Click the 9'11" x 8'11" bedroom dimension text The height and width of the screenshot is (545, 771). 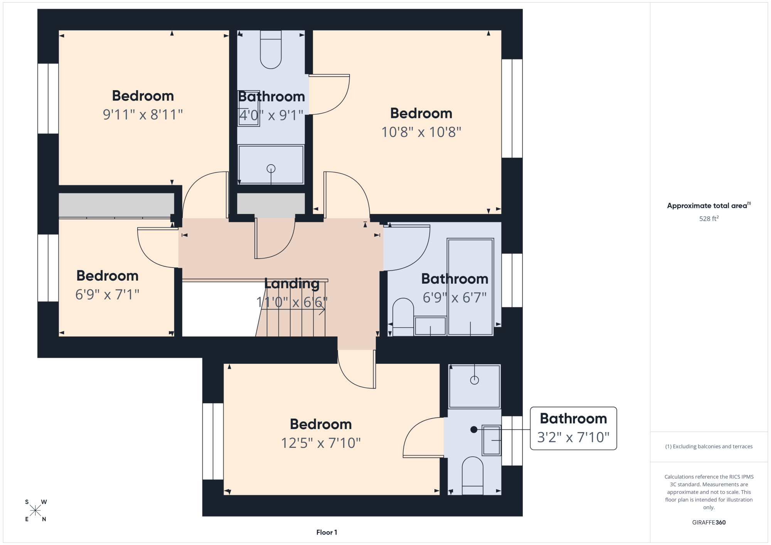[x=143, y=114]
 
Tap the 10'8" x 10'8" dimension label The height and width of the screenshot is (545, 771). [x=421, y=132]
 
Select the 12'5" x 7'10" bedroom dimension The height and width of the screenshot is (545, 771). [x=321, y=443]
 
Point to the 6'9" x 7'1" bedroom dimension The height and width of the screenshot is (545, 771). [x=107, y=294]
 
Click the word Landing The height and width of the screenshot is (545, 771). [x=292, y=284]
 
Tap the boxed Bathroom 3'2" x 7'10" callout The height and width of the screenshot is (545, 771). [x=573, y=428]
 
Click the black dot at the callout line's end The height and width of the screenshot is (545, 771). [x=474, y=429]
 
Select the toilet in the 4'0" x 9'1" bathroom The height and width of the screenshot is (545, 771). [x=271, y=49]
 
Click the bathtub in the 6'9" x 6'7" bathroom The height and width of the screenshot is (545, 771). [x=470, y=287]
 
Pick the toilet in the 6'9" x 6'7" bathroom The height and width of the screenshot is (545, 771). [x=403, y=317]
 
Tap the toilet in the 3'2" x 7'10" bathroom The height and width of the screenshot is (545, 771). [x=473, y=476]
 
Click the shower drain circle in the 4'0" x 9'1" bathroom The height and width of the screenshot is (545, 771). [x=271, y=168]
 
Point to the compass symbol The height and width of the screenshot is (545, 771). [x=35, y=511]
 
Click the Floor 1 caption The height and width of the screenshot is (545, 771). [x=327, y=532]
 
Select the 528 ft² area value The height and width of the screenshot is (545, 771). [x=709, y=219]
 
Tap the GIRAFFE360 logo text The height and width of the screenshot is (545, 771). [x=709, y=523]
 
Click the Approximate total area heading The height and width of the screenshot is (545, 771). [x=709, y=205]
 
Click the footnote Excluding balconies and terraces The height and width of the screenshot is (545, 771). [x=709, y=446]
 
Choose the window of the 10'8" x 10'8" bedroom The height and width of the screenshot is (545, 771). [x=512, y=108]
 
